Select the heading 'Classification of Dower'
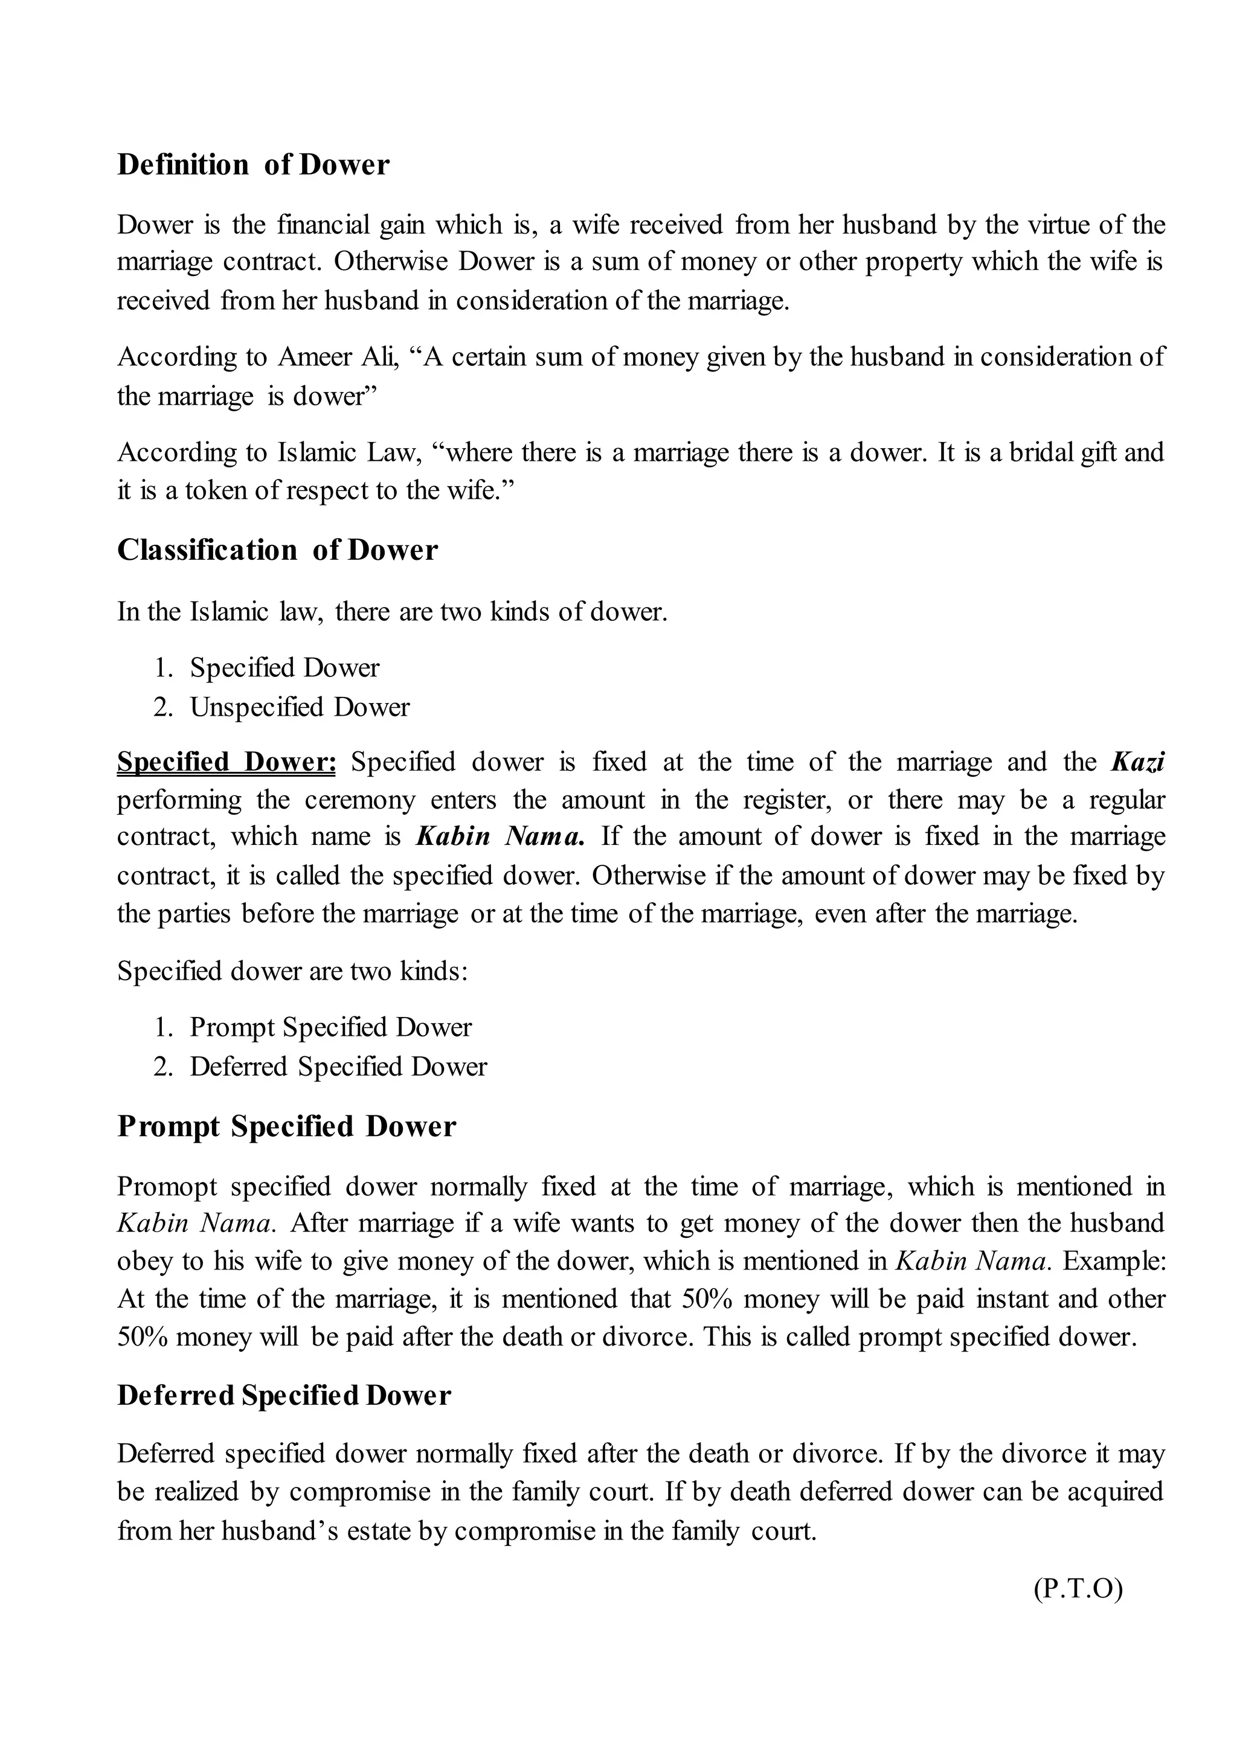tap(277, 551)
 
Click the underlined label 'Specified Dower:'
tap(227, 762)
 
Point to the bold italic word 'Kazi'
tap(1138, 762)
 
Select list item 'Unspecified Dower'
tap(300, 707)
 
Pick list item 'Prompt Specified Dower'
tap(330, 1028)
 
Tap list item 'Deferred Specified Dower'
tap(338, 1067)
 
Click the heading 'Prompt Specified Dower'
tap(286, 1127)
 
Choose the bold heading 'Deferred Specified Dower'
tap(284, 1395)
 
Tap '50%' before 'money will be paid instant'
tap(707, 1300)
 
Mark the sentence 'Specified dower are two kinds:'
tap(292, 972)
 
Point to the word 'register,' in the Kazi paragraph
tap(789, 800)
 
